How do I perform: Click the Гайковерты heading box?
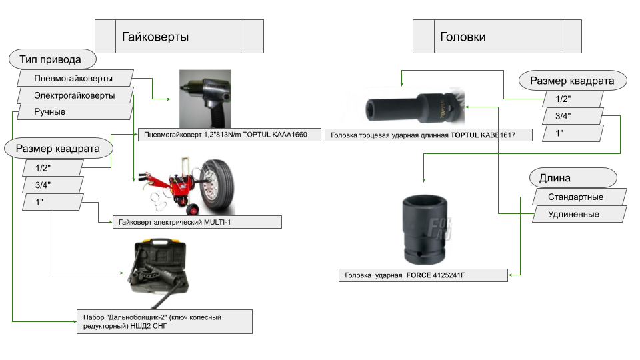pos(179,37)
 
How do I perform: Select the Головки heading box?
pos(497,37)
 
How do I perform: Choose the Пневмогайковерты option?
pos(73,79)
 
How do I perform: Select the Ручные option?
pos(50,111)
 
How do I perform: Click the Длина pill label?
pos(573,179)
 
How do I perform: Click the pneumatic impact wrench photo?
pos(205,99)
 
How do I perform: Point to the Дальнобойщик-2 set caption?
pos(163,321)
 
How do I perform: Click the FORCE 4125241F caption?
pos(423,275)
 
